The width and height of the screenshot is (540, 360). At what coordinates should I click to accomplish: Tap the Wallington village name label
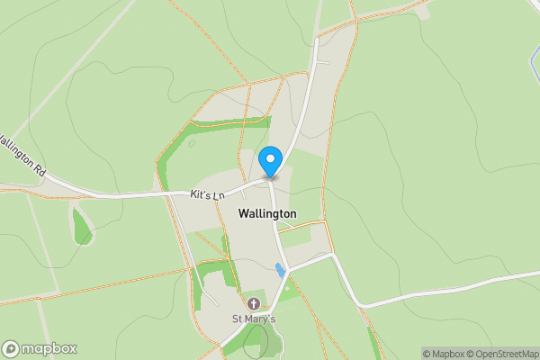click(x=267, y=213)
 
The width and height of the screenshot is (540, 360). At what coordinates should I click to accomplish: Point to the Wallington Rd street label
click(x=22, y=154)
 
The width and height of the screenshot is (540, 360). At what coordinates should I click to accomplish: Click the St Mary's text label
click(x=254, y=319)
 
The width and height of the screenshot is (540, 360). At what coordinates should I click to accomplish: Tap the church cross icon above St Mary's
click(x=254, y=304)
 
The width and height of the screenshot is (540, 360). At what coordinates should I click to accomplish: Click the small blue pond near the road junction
click(x=279, y=268)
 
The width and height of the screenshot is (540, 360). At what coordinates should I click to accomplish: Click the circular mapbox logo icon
click(x=11, y=348)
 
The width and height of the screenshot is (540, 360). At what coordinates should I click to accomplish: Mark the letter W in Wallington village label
click(x=244, y=213)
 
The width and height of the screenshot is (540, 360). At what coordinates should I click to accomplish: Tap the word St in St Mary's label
click(x=238, y=319)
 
